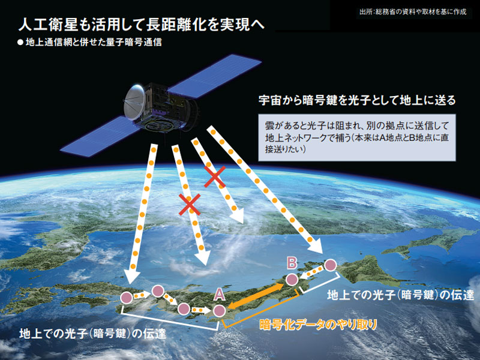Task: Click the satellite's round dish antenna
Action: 134,102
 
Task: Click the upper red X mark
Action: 215,176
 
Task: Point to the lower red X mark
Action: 190,205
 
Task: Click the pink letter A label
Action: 219,295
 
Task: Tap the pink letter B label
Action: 292,263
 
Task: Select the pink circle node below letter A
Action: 220,311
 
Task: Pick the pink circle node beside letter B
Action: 292,280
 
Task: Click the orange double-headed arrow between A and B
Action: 256,296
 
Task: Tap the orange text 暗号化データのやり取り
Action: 318,325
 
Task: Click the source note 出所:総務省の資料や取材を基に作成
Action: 413,12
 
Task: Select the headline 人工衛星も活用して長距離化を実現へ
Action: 142,25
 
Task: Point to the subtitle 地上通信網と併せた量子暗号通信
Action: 94,42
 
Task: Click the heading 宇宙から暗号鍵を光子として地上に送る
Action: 357,100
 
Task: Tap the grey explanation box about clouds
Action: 357,138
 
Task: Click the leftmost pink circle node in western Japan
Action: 127,298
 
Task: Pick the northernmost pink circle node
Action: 331,265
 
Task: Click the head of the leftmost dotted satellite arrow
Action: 132,278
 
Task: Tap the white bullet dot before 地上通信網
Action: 20,43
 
